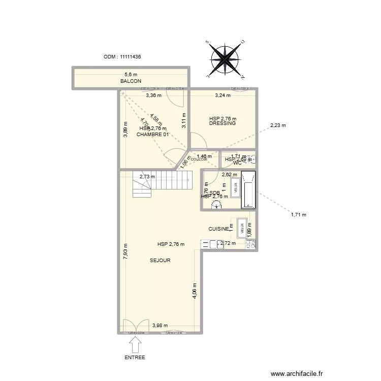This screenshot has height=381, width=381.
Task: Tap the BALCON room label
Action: tap(130, 81)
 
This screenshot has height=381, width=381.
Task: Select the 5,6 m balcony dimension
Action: tap(131, 75)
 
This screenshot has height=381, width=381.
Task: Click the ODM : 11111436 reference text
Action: tap(122, 57)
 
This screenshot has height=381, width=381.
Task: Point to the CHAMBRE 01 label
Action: tap(152, 135)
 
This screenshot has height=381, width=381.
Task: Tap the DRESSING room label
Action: tap(223, 123)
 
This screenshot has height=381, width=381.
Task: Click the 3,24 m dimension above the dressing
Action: tap(223, 95)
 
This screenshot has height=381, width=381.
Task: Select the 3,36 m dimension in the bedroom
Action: tap(153, 95)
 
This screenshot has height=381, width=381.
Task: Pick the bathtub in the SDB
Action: tap(248, 190)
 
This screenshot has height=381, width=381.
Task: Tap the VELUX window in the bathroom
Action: tap(235, 187)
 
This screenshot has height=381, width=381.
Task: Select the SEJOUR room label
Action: tap(160, 261)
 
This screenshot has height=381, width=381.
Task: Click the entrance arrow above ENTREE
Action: tap(135, 345)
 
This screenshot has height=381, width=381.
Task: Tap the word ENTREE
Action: tap(135, 358)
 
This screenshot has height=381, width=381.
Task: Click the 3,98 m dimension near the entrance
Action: tap(160, 326)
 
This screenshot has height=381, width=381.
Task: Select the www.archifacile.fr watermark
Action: tap(297, 373)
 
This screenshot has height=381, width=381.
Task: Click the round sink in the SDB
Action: tap(217, 205)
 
